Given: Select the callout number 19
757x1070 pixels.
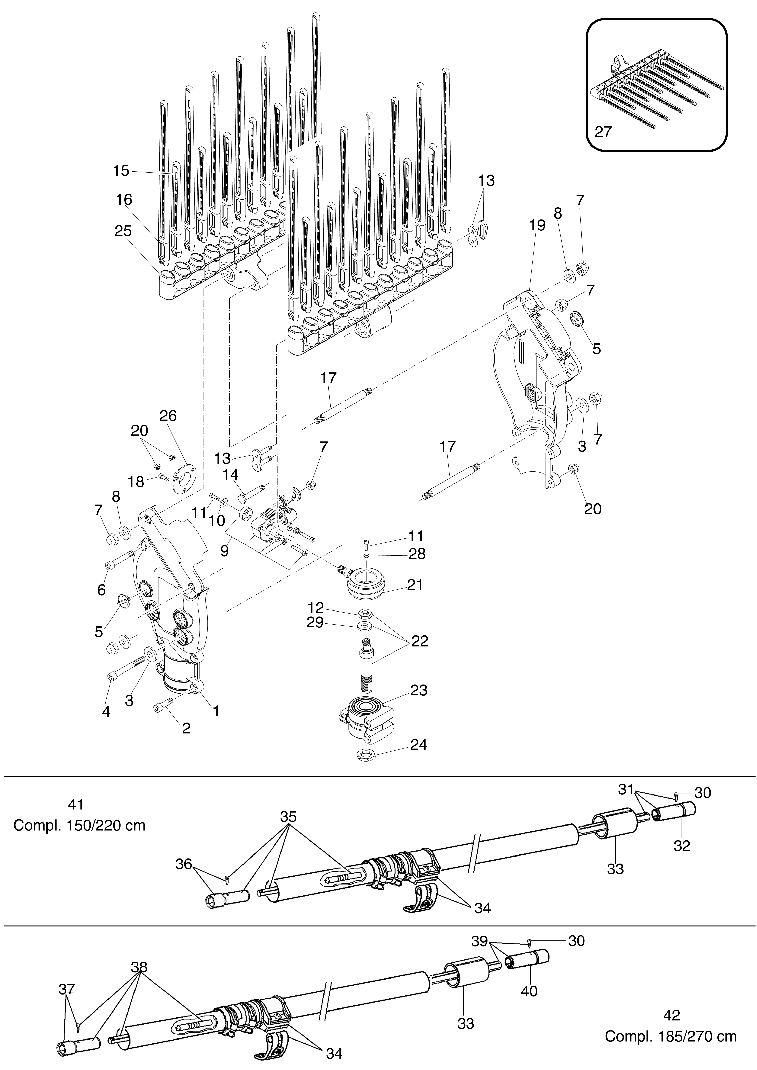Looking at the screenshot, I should (537, 226).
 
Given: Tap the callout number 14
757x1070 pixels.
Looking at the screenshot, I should (230, 475).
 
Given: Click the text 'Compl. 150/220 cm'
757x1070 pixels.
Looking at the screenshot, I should (79, 826).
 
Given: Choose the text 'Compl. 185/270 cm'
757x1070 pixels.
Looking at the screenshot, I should (671, 1036).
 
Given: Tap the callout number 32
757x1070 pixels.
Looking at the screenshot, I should (682, 846).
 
